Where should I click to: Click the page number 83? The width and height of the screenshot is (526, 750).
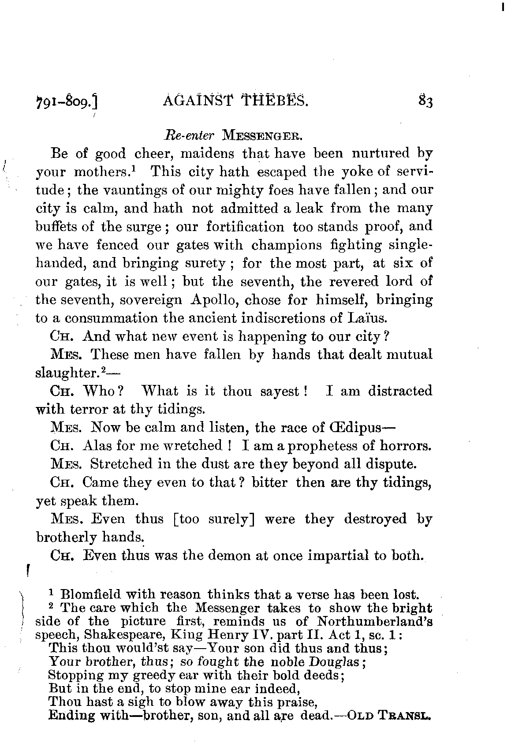point(425,102)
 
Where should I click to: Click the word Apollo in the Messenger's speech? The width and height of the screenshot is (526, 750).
point(215,300)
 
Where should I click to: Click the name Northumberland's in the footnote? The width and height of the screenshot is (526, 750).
point(375,621)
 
